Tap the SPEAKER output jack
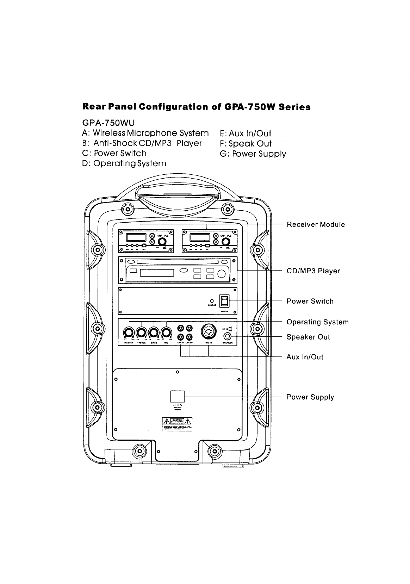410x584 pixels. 228,336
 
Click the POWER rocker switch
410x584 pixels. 224,301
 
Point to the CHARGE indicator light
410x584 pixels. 212,301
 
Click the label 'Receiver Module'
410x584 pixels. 316,224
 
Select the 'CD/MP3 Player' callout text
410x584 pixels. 313,271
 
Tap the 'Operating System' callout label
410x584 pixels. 317,322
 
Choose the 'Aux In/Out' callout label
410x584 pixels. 305,357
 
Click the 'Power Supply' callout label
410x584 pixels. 310,397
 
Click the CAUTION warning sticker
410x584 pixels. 177,424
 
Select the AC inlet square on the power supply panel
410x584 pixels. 177,396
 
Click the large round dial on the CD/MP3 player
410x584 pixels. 222,274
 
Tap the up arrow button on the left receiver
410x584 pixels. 152,236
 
